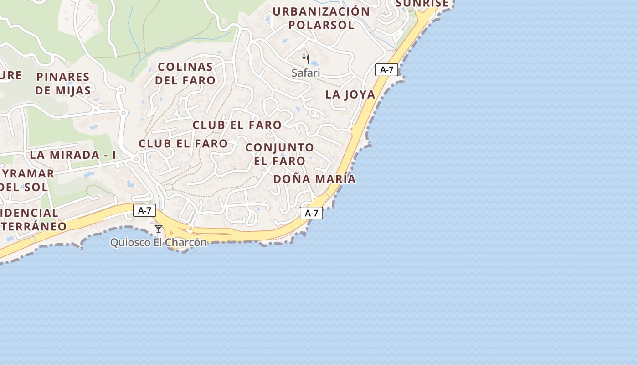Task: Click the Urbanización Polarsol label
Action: [321, 18]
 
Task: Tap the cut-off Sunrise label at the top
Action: [422, 4]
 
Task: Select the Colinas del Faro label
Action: [185, 73]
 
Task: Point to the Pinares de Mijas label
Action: [63, 83]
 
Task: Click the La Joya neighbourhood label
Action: [350, 94]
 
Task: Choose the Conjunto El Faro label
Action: [279, 154]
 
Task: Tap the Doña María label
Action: [314, 179]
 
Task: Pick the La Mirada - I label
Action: [73, 155]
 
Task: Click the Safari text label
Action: [306, 73]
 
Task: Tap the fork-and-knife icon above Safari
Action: [306, 59]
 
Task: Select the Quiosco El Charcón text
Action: [159, 242]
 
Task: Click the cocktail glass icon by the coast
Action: [159, 229]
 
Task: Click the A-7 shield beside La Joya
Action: [386, 70]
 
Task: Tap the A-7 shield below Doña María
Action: [311, 213]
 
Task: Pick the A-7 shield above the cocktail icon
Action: [144, 210]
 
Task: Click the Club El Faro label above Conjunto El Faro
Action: [237, 125]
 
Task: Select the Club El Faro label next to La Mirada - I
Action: [183, 143]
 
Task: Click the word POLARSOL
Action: [321, 25]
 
